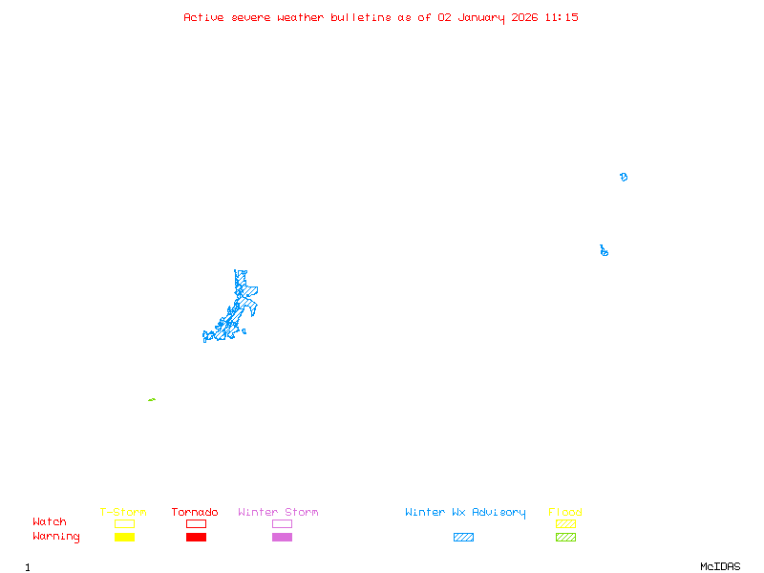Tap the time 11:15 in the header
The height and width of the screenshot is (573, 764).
click(562, 17)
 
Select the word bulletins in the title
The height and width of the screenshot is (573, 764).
click(361, 17)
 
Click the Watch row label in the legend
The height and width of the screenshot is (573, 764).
click(50, 522)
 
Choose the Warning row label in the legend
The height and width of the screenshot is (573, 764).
click(56, 537)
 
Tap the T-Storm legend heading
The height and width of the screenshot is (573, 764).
click(123, 513)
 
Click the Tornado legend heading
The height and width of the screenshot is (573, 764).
click(195, 513)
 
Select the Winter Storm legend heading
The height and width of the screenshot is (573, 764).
click(278, 513)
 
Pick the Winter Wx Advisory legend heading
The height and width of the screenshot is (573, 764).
click(465, 513)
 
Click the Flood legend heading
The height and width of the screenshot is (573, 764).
click(565, 513)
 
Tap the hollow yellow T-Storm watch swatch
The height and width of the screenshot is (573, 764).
click(124, 523)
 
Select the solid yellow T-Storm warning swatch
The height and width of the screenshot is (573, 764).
click(124, 538)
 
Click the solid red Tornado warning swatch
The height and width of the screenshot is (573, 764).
click(196, 538)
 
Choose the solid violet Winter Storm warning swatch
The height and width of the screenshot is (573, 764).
click(282, 538)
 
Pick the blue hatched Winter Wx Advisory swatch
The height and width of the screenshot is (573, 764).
click(463, 538)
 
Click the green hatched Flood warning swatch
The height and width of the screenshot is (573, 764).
click(565, 538)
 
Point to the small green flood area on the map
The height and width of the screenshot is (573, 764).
click(152, 400)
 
